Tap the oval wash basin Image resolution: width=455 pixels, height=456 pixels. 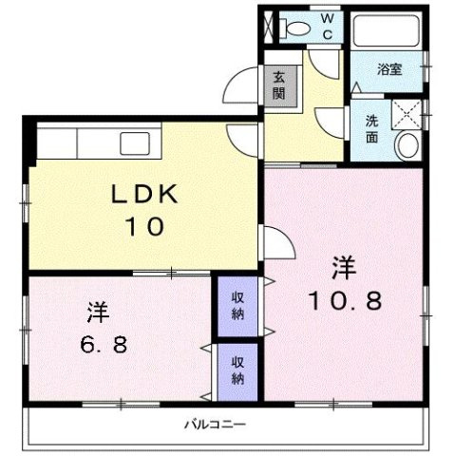tap(408, 146)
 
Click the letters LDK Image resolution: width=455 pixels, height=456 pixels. tap(142, 193)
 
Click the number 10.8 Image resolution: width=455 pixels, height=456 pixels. tap(343, 301)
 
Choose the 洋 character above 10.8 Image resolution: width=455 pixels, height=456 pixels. tap(343, 268)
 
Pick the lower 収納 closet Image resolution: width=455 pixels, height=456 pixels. tap(238, 370)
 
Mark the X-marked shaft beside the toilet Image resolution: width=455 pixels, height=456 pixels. tap(269, 26)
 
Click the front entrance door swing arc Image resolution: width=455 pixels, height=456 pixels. tap(234, 91)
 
